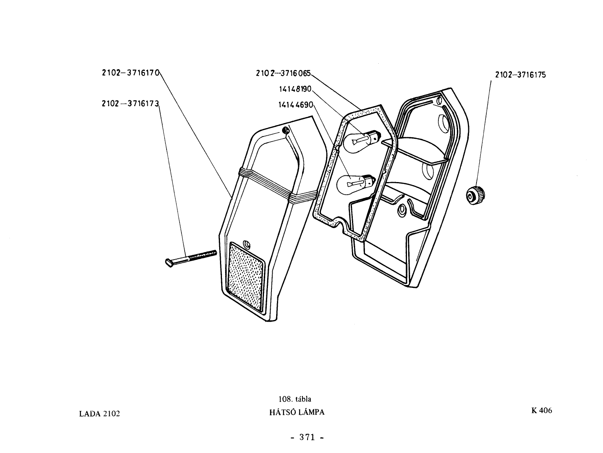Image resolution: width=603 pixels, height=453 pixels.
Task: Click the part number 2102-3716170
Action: [x=130, y=73]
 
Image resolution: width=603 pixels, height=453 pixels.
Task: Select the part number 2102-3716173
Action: [x=130, y=104]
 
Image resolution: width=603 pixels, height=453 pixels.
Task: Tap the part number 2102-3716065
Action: [x=283, y=73]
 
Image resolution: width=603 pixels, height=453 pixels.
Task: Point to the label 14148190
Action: [x=295, y=89]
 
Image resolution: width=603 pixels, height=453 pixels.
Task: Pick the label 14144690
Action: [x=295, y=105]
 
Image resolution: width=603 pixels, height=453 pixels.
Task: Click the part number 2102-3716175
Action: [x=521, y=75]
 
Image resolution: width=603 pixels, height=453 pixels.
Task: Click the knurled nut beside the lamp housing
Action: [x=475, y=195]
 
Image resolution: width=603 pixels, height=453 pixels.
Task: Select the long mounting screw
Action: [x=191, y=258]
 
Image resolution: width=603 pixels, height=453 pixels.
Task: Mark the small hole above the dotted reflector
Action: [x=246, y=244]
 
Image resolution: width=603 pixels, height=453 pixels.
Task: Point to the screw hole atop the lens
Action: [x=286, y=130]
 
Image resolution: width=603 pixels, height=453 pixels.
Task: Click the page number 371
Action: [x=307, y=437]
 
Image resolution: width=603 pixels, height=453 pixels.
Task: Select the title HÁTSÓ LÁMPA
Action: [x=297, y=412]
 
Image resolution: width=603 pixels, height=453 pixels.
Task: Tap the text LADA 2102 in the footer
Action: [x=99, y=414]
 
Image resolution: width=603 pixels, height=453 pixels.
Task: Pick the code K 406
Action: [x=541, y=411]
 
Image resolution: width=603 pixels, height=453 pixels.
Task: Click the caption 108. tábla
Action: [x=295, y=399]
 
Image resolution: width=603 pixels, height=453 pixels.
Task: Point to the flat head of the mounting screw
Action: [x=169, y=263]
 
